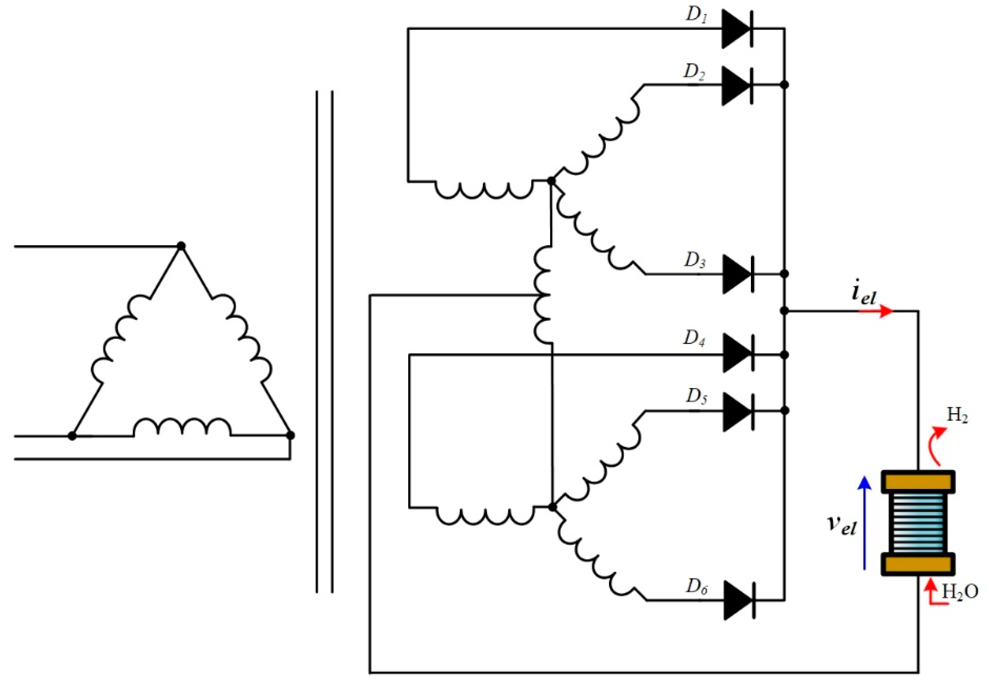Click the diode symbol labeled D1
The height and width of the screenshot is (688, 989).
(738, 29)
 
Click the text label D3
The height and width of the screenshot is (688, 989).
(695, 261)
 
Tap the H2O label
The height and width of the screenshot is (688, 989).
(960, 591)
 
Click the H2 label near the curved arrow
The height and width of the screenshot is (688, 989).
(957, 416)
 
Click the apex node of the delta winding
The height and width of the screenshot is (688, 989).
(181, 246)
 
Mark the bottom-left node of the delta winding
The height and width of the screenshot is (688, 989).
(72, 436)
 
